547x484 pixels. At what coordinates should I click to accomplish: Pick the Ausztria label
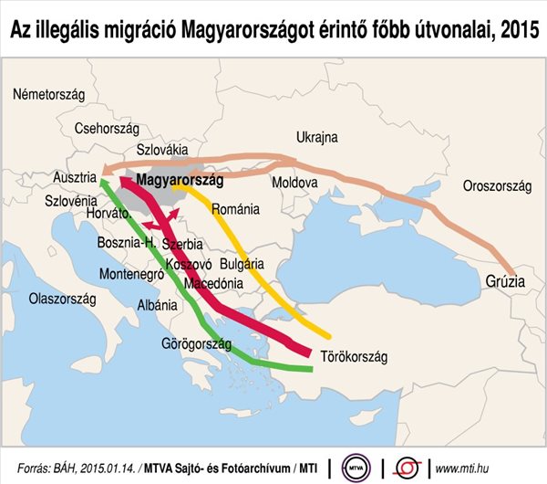click(x=75, y=176)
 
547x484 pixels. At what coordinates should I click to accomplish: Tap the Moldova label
click(x=294, y=183)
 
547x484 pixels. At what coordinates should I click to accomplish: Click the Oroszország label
click(x=497, y=185)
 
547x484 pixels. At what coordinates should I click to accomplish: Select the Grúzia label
click(x=504, y=282)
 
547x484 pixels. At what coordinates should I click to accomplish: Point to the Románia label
click(x=235, y=209)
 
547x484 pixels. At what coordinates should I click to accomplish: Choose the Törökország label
click(x=355, y=356)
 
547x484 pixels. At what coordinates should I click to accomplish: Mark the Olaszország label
click(x=62, y=299)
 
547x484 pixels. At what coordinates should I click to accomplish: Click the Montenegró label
click(x=129, y=273)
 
